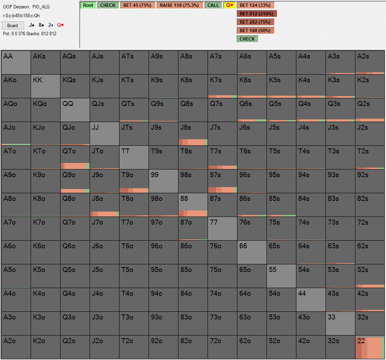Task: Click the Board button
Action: click(13, 26)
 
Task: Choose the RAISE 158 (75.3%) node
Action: click(179, 5)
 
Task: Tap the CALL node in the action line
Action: click(213, 5)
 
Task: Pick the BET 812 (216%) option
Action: click(256, 14)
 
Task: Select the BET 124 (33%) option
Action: click(255, 5)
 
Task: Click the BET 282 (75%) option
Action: click(255, 22)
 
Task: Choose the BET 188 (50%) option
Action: click(255, 31)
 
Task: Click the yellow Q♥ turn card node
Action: click(229, 5)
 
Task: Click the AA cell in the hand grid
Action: click(16, 62)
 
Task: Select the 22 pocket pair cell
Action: click(370, 347)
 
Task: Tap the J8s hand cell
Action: click(193, 134)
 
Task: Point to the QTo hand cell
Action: click(75, 157)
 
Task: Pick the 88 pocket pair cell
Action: click(193, 205)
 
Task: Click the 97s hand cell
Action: click(222, 181)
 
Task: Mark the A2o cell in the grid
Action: click(16, 347)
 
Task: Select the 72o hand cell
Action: click(222, 347)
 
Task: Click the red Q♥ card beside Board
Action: click(61, 25)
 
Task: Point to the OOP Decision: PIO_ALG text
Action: click(26, 7)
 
